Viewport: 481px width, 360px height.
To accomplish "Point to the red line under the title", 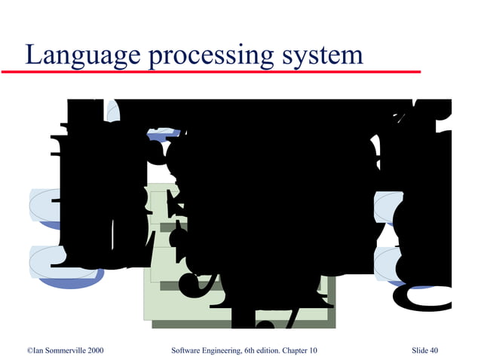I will click(211, 72).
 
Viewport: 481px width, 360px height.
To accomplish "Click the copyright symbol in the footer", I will click(29, 351).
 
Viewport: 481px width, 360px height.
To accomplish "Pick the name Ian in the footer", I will click(38, 351).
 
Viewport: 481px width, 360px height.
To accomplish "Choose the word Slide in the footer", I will click(421, 351).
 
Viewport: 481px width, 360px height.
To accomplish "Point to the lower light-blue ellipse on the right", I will click(388, 260).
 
